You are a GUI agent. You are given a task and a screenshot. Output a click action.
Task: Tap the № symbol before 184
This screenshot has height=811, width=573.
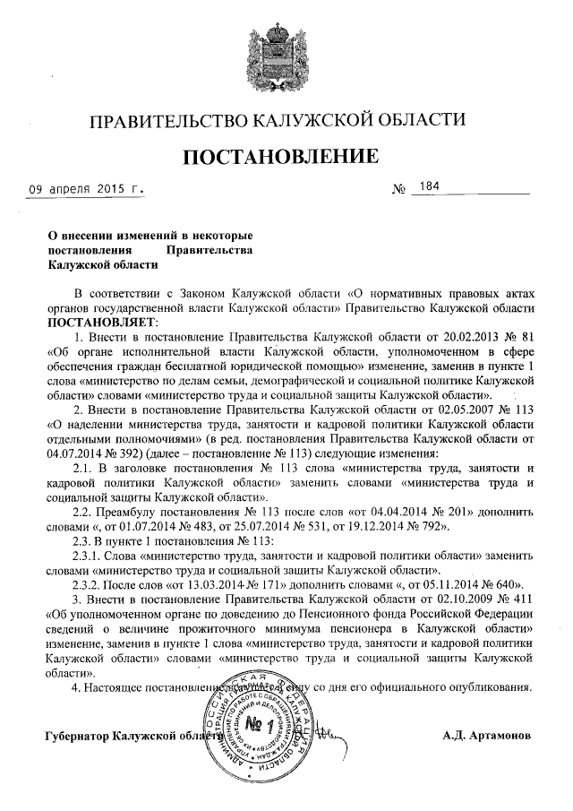pos(399,190)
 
